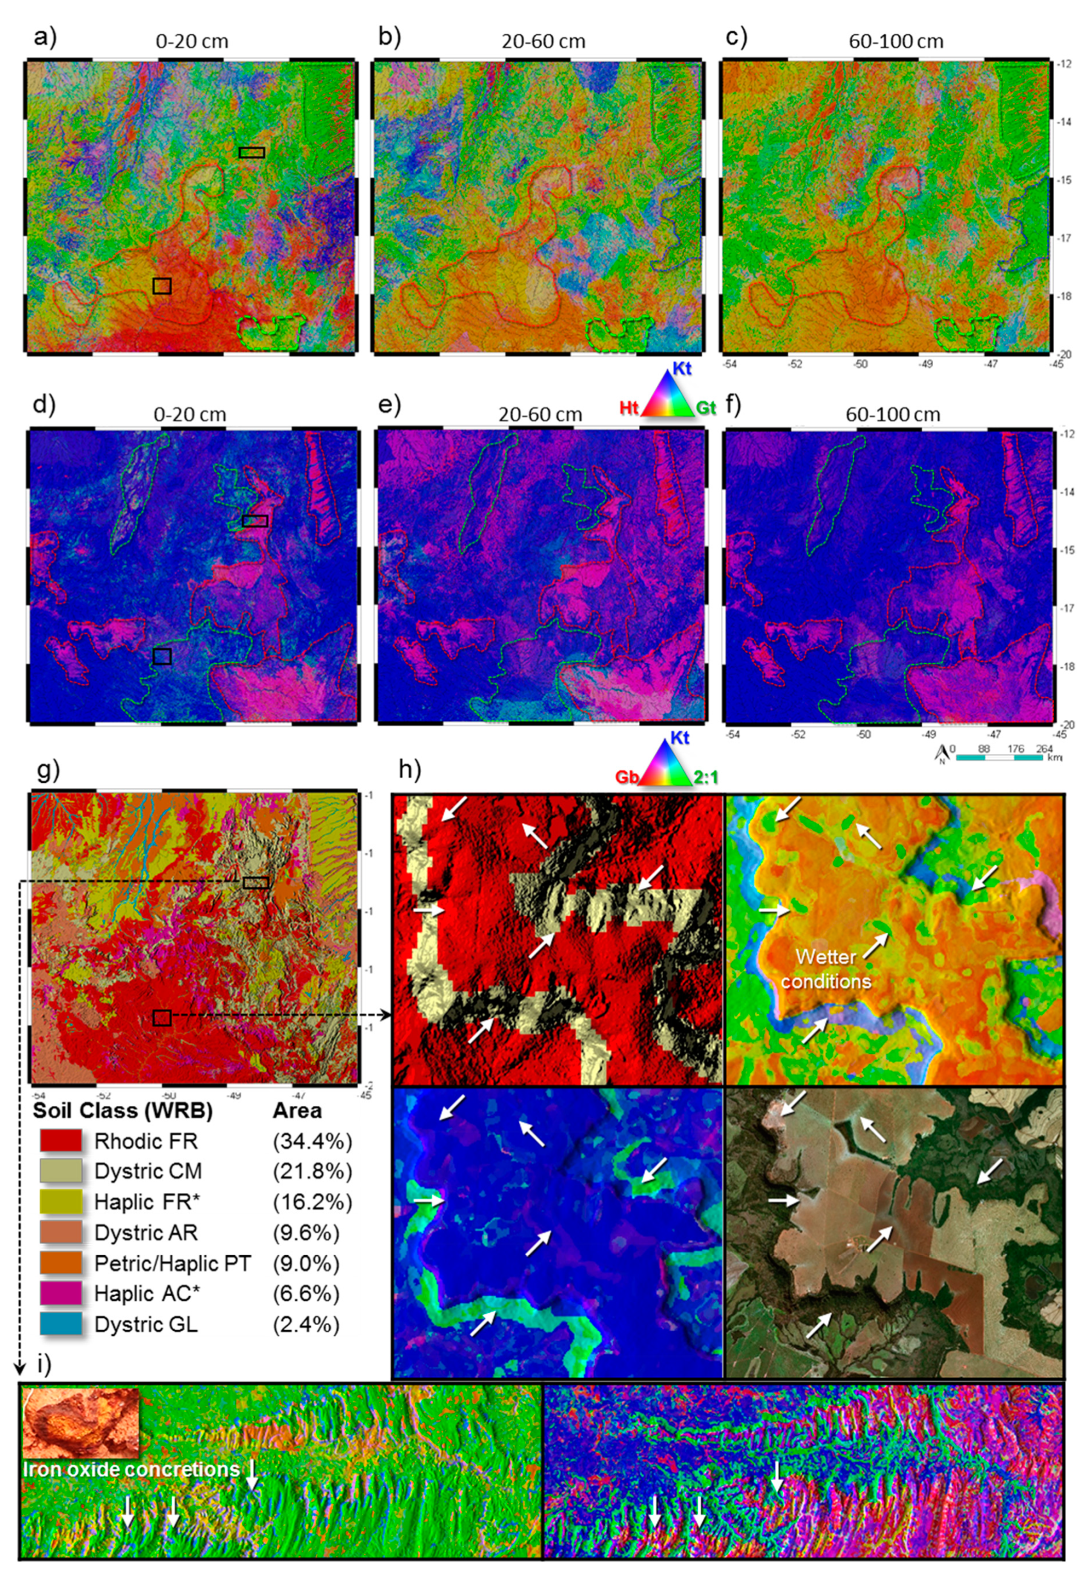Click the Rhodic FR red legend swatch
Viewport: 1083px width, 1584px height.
(61, 1140)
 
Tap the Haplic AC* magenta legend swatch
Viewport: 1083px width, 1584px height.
(61, 1293)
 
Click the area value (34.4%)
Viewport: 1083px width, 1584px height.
(312, 1140)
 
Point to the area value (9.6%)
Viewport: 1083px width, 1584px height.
(306, 1232)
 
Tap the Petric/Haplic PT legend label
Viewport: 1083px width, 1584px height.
(172, 1263)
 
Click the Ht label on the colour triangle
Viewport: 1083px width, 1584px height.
(629, 408)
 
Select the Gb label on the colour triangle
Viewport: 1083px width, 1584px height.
(627, 776)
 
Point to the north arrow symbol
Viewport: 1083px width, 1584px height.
(941, 753)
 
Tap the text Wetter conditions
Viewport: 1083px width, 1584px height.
(826, 969)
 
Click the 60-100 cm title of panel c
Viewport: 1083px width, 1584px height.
(896, 42)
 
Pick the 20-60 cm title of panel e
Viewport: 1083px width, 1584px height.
(540, 413)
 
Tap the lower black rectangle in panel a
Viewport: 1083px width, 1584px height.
(161, 286)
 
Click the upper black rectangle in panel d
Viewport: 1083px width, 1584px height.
(255, 521)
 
